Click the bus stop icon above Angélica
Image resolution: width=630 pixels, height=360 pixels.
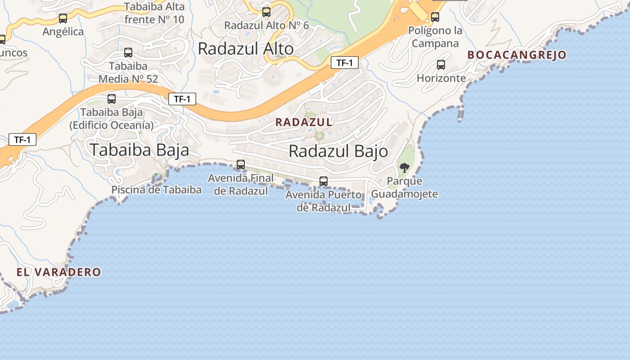[63, 18]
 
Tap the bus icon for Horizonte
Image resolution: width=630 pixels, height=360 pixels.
[441, 65]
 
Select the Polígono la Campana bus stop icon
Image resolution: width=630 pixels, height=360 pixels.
[435, 17]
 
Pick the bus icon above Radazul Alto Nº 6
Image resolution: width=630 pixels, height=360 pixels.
[266, 12]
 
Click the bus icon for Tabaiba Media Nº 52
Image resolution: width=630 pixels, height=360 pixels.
[128, 53]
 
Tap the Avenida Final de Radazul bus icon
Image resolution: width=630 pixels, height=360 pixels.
[241, 165]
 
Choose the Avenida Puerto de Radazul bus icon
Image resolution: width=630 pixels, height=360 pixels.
[323, 181]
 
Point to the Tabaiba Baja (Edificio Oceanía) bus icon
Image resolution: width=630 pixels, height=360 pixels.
[112, 99]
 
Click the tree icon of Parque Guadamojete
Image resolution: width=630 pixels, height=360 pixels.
[404, 168]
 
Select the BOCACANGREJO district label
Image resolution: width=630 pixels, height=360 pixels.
[517, 55]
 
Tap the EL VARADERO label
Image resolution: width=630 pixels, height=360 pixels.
[58, 272]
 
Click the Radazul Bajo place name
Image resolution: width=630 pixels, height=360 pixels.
[338, 151]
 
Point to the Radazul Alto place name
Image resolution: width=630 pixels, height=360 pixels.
[246, 49]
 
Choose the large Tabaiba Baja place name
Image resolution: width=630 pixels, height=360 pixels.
[139, 150]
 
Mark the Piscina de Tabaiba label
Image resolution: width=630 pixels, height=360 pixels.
[156, 189]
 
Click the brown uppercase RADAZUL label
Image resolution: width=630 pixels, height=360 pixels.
[304, 122]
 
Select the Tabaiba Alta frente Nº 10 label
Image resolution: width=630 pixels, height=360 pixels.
[154, 13]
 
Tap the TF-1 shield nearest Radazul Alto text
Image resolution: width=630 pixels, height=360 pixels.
[344, 63]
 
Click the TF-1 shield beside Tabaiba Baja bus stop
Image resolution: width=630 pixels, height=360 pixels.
[182, 99]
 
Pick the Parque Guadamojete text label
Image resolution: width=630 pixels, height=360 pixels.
[412, 188]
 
